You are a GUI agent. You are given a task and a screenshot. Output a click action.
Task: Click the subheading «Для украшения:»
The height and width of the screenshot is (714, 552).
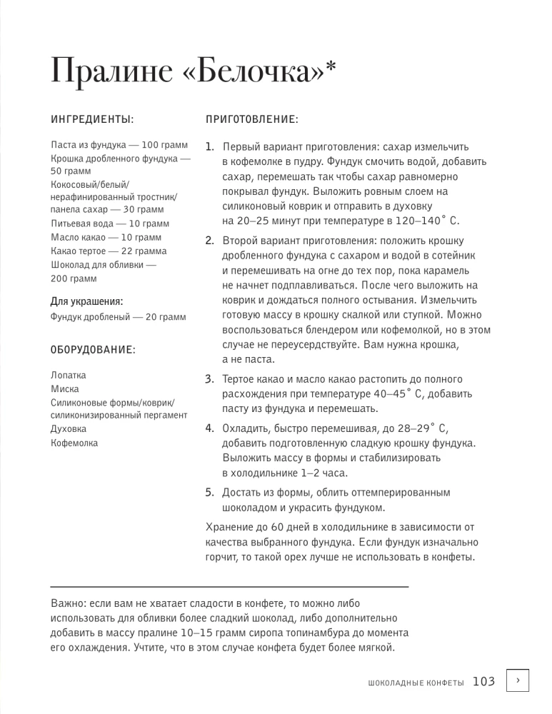86,301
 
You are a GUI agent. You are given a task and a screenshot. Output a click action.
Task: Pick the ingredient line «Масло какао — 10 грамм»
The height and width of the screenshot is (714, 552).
106,237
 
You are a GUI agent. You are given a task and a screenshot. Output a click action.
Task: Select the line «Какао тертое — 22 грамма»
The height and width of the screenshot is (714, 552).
109,251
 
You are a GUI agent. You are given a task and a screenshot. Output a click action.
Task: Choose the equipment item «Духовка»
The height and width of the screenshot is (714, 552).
69,429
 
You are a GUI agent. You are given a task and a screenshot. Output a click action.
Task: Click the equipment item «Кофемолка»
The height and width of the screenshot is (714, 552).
74,443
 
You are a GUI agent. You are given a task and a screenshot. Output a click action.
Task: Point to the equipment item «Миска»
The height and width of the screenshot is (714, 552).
65,389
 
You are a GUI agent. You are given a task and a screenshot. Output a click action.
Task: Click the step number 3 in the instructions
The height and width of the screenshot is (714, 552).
210,378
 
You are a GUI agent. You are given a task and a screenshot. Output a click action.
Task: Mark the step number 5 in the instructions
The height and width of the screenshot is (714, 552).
210,492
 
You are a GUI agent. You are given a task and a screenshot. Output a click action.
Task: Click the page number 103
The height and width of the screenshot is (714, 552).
483,682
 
